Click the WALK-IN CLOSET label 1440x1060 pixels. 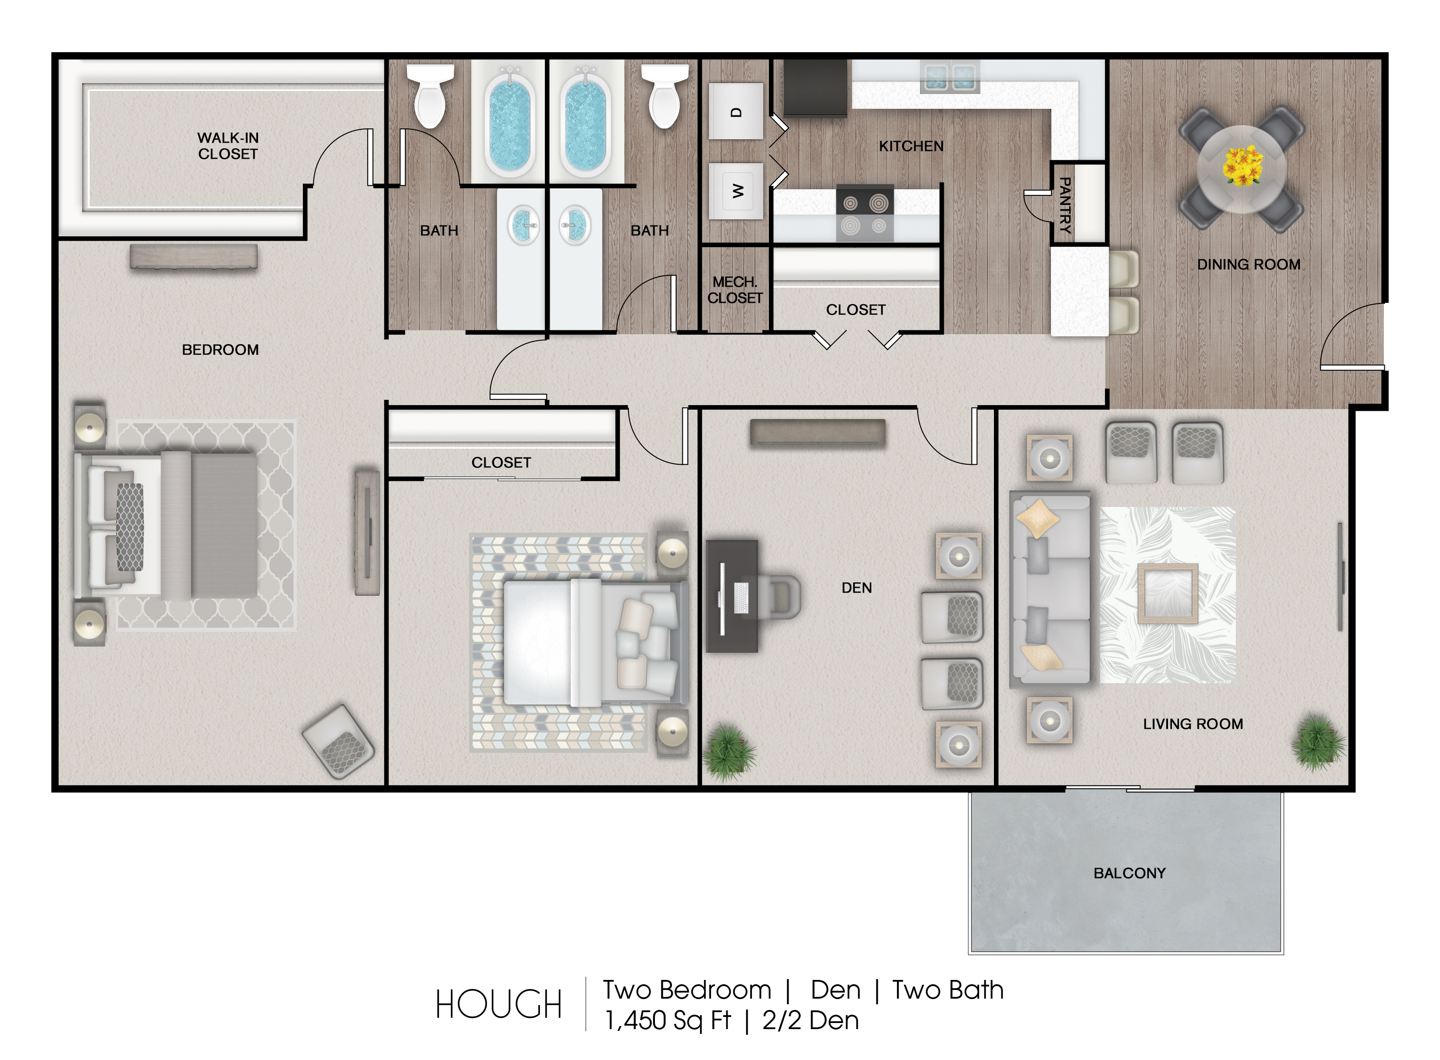click(228, 146)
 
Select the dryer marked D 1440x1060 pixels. click(736, 111)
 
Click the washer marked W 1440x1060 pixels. click(736, 191)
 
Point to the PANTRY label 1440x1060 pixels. click(1064, 205)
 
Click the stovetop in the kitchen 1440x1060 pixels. click(864, 213)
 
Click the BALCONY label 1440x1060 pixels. click(1129, 873)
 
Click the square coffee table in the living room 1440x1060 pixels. click(1168, 594)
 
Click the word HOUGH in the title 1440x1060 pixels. click(499, 1005)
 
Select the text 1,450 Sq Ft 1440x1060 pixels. click(668, 1021)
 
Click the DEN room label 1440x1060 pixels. click(857, 588)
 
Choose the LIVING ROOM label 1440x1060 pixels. click(1193, 724)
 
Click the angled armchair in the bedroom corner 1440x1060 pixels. click(338, 742)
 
